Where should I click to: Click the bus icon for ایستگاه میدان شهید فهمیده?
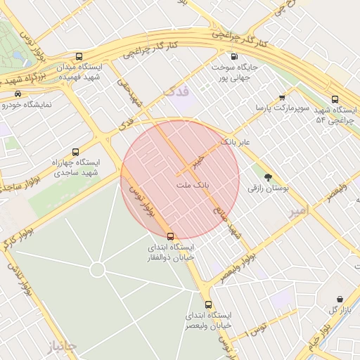(78, 56)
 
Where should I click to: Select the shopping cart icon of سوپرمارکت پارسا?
(282, 98)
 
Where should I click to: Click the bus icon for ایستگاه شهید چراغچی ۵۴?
(335, 100)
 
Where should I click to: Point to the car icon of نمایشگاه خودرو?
(17, 94)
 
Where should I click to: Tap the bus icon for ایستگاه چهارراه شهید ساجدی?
(75, 151)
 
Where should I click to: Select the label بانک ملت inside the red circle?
(193, 183)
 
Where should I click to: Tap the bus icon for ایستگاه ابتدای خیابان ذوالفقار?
(171, 236)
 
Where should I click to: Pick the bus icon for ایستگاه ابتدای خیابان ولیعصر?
(208, 304)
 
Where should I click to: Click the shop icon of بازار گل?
(340, 299)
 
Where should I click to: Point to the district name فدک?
(176, 92)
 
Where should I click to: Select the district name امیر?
(299, 211)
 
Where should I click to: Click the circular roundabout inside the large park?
(98, 269)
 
